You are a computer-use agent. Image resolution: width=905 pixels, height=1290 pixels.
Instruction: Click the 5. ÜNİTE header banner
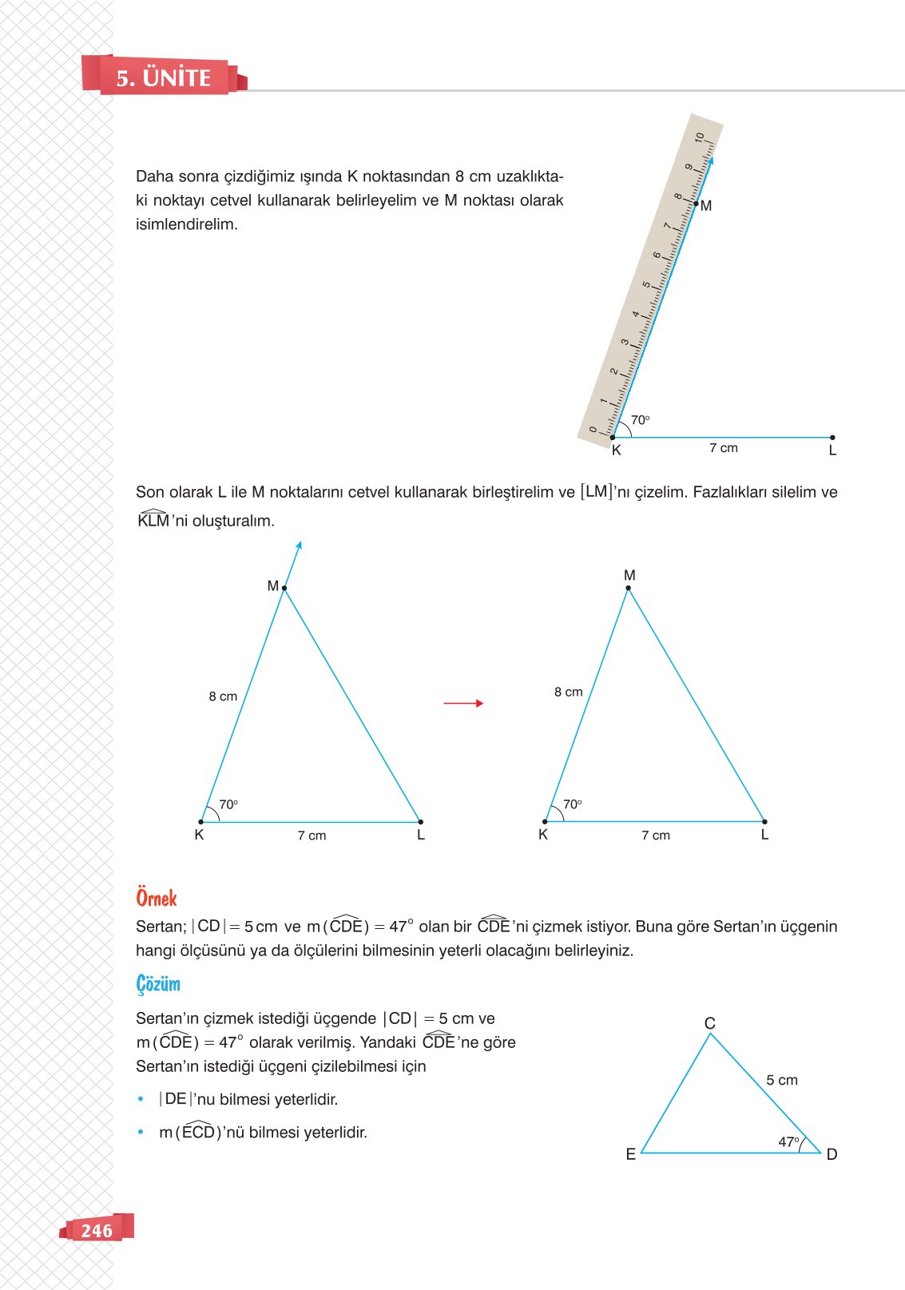point(164,77)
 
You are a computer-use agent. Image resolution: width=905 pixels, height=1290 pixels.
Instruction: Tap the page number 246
point(97,1230)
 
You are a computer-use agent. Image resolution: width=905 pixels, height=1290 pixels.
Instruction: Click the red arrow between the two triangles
point(463,703)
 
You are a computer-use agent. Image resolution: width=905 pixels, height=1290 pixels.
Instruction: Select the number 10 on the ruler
point(700,137)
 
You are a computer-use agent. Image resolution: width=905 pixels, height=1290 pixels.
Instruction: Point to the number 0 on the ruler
point(593,429)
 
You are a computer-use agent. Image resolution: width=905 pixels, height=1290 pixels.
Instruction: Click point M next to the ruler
point(697,204)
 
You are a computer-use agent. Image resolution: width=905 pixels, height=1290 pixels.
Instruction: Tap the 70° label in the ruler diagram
point(641,420)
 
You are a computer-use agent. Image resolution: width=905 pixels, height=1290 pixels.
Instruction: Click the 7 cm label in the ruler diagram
point(724,448)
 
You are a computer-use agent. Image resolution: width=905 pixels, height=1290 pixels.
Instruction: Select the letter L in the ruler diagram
point(832,451)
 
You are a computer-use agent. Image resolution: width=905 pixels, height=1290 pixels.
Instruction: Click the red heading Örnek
point(157,898)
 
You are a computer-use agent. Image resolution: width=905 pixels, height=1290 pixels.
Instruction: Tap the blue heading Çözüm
point(158,984)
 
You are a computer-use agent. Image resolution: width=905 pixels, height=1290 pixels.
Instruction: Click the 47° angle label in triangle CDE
point(788,1142)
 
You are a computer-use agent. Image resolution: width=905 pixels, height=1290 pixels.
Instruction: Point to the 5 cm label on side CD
point(782,1080)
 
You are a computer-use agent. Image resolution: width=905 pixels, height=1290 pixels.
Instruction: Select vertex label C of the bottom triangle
point(710,1023)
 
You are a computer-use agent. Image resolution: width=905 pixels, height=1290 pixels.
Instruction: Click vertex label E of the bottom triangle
point(631,1154)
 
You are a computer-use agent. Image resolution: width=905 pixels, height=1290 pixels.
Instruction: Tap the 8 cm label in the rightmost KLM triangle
point(569,692)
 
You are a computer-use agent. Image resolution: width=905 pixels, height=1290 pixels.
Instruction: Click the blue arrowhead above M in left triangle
point(299,546)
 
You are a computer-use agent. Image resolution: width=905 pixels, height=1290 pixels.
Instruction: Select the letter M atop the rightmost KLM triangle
point(629,575)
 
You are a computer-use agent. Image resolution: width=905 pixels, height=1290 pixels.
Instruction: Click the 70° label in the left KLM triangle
point(228,804)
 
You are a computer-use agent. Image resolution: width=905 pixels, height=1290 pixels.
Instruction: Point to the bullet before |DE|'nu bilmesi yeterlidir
point(141,1100)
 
